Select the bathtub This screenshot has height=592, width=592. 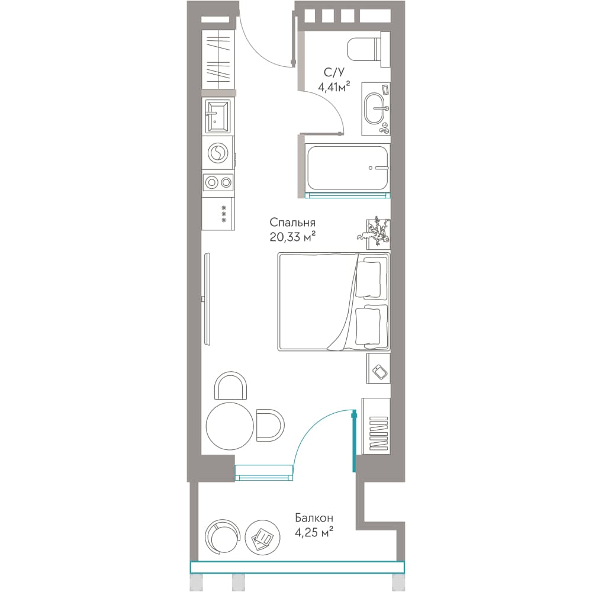[x=348, y=168]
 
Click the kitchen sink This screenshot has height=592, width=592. [x=217, y=116]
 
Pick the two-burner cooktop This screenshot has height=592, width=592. [x=218, y=183]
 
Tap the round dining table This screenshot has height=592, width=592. [x=230, y=426]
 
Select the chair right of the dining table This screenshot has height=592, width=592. [x=270, y=424]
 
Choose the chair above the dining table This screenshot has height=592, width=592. [x=230, y=385]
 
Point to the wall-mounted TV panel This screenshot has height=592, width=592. [x=207, y=298]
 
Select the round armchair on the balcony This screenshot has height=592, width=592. [x=223, y=537]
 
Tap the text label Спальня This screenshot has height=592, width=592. [x=292, y=222]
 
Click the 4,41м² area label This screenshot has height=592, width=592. [x=334, y=87]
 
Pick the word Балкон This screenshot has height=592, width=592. [x=314, y=517]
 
